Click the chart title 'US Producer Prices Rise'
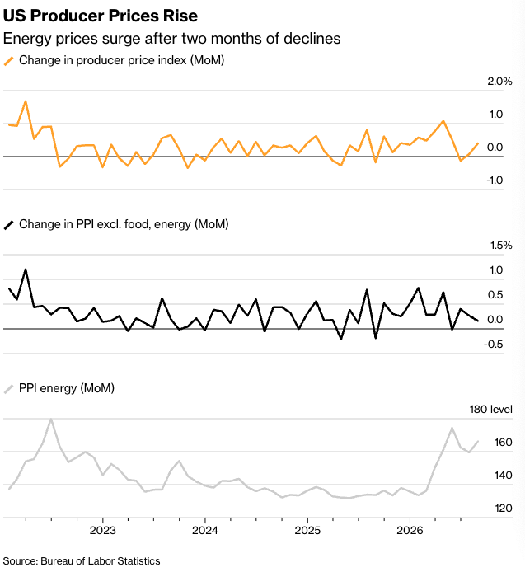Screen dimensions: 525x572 (x=101, y=16)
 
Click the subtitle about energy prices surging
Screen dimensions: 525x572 (x=171, y=39)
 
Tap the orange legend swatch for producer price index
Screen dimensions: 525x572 (x=9, y=61)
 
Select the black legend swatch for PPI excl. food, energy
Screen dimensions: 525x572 (x=9, y=225)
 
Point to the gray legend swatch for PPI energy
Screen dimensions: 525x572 (x=9, y=389)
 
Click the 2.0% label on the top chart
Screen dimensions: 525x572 (x=499, y=82)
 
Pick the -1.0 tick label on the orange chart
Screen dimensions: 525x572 (x=495, y=181)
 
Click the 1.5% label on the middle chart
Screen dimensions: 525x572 (x=501, y=245)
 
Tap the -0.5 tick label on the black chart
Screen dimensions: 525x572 (x=493, y=345)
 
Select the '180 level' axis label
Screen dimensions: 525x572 (x=490, y=410)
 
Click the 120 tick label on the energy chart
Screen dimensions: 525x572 (x=503, y=509)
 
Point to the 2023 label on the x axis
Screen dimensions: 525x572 (x=103, y=530)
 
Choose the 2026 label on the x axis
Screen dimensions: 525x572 (x=410, y=530)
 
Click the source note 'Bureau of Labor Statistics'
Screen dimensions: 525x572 (x=101, y=560)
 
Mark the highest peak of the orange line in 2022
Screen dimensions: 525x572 (x=26, y=101)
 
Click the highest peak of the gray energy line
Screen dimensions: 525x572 (x=51, y=419)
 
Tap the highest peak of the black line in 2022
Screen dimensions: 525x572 (x=26, y=270)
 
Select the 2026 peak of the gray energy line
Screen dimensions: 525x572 (x=452, y=428)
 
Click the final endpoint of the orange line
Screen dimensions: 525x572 (x=478, y=143)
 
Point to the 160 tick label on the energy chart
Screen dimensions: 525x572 (x=503, y=443)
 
